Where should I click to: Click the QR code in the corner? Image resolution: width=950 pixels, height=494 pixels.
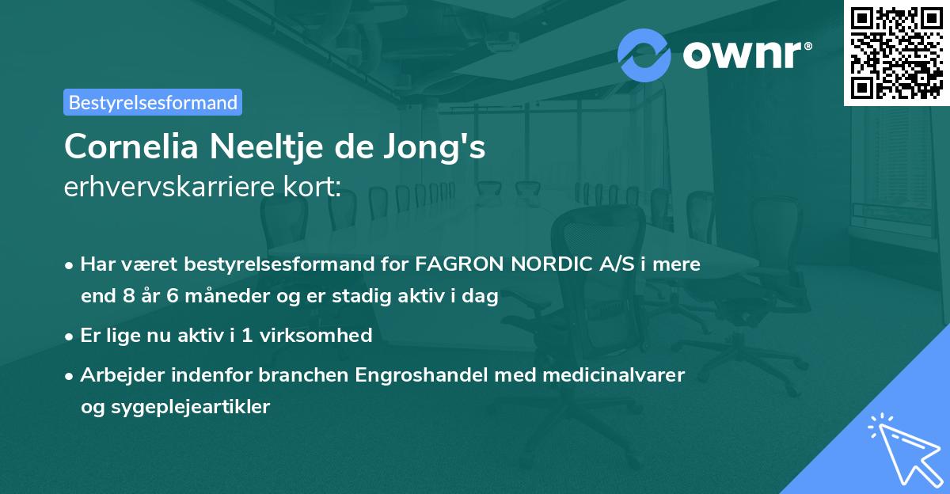tap(896, 53)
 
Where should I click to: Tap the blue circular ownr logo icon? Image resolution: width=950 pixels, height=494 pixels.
tap(644, 55)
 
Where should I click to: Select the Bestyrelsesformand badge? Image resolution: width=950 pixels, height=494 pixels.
tap(153, 102)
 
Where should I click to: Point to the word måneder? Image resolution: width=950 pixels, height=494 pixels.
tap(230, 297)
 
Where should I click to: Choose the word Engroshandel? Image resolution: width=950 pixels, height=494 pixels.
tap(422, 374)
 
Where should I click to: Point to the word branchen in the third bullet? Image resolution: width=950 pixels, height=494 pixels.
tap(306, 374)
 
